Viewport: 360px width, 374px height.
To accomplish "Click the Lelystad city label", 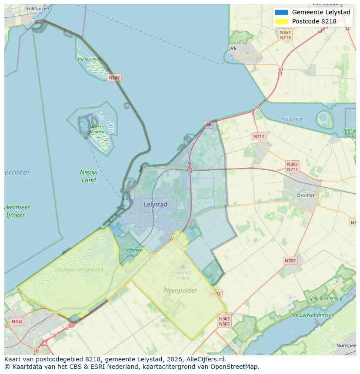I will click(155, 204).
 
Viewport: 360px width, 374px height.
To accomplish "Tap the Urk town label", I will click(232, 49).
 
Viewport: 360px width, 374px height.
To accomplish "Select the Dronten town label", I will click(306, 195).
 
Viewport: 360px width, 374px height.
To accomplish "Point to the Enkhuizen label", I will click(37, 8).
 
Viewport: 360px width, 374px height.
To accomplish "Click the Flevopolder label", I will click(180, 291).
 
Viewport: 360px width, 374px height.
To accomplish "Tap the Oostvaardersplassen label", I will click(80, 270).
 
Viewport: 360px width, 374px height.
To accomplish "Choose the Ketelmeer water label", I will click(293, 119).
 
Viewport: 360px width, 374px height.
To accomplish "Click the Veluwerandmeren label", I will click(313, 315).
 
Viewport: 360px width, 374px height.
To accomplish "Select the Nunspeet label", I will click(346, 346).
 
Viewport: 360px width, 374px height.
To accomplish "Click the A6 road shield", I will click(209, 125).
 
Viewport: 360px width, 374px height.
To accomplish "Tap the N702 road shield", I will click(17, 322).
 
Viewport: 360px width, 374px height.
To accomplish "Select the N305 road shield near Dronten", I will click(290, 261).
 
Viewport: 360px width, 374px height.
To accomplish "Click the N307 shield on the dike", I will click(114, 78).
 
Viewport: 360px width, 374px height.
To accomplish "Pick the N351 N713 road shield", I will click(285, 35).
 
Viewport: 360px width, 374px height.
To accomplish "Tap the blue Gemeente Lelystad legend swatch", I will click(281, 12).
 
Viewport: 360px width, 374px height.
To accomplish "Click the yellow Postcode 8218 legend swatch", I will click(281, 21).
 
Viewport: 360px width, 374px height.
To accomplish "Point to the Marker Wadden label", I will click(97, 129).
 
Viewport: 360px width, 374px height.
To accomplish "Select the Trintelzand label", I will click(89, 59).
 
